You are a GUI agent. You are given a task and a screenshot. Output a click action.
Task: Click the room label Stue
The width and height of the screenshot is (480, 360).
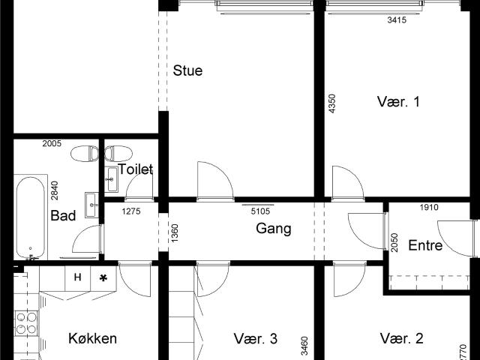[x=188, y=71]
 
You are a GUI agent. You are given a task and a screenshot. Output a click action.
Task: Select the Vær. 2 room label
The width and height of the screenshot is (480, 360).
[x=401, y=338]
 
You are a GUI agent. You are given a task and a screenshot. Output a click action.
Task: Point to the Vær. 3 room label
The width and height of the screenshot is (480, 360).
[x=255, y=338]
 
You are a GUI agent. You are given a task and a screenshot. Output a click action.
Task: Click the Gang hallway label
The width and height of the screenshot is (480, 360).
[x=273, y=229]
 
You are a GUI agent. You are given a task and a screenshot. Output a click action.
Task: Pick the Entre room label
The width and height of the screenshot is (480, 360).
[x=425, y=245]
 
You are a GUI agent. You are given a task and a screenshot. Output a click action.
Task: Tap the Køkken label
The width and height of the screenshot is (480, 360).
[x=92, y=338]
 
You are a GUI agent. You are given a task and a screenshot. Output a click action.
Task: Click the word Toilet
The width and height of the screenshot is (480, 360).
[x=135, y=169]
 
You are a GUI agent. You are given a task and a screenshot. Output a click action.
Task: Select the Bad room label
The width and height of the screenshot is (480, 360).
[x=63, y=216]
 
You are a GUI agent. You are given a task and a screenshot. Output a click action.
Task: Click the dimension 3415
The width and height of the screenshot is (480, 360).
[x=396, y=20]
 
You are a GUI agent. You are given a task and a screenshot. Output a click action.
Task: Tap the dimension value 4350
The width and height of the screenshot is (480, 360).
[x=331, y=103]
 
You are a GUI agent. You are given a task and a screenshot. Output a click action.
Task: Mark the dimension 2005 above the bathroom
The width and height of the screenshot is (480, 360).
[x=52, y=143]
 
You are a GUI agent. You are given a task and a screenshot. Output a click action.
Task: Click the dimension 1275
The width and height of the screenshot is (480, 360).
[x=132, y=211]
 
